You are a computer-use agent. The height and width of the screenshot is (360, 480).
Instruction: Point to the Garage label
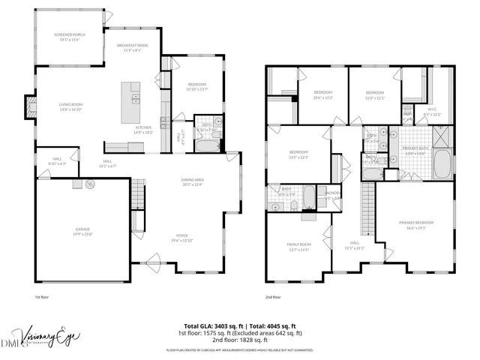(82, 232)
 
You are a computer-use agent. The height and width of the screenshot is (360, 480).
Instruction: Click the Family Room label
(298, 247)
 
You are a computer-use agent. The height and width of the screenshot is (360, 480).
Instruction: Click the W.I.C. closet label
(433, 112)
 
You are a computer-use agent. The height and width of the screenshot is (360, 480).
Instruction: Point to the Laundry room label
(333, 196)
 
